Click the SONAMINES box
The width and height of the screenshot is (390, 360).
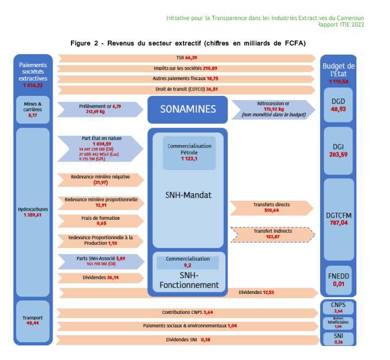tap(187, 109)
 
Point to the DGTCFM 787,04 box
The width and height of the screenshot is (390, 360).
tap(337, 218)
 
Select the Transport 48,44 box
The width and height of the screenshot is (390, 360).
tap(33, 321)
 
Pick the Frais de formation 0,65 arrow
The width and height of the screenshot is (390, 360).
tap(99, 220)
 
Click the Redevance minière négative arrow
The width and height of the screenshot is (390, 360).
tap(99, 179)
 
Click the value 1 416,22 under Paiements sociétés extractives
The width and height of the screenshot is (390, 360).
tap(33, 85)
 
